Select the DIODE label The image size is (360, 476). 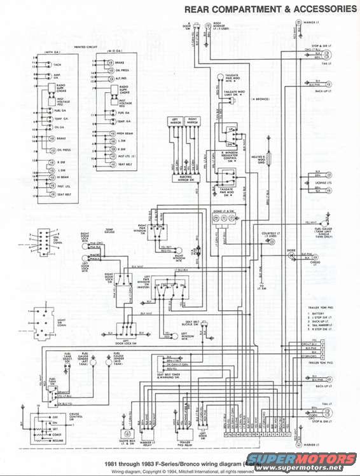(292, 250)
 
